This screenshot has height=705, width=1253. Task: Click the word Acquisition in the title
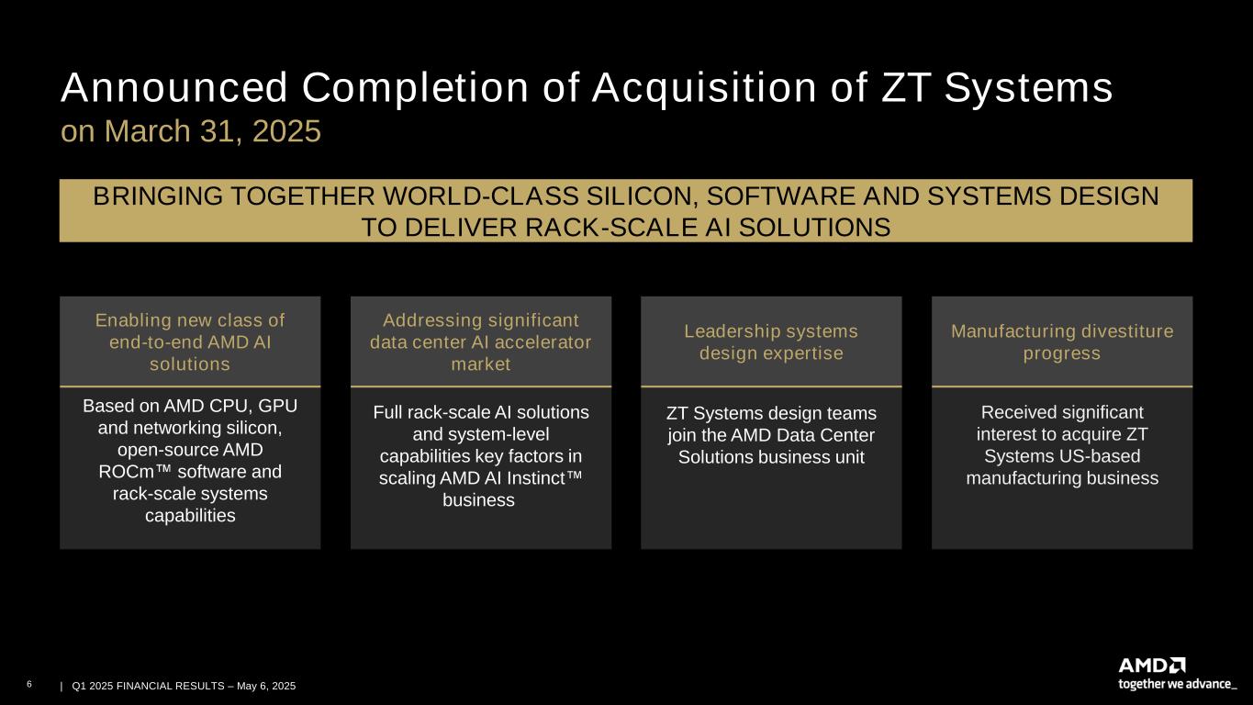[704, 88]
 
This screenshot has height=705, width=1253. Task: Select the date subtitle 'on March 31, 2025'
[191, 131]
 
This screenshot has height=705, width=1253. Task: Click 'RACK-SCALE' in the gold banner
[611, 228]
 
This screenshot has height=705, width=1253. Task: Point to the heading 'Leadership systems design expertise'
[771, 341]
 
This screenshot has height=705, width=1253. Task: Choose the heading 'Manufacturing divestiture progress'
[1062, 341]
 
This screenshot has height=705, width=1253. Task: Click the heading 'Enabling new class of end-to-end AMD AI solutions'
[190, 341]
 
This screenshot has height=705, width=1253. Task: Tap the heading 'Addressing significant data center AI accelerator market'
[480, 341]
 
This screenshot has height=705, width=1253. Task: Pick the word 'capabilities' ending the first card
[190, 516]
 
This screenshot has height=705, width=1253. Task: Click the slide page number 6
[29, 684]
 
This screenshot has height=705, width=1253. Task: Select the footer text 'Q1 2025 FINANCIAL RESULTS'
[148, 686]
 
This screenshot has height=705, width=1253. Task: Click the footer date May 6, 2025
[266, 686]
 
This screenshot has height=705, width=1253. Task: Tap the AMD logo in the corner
[1152, 666]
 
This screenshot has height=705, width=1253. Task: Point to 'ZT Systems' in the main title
[997, 88]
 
